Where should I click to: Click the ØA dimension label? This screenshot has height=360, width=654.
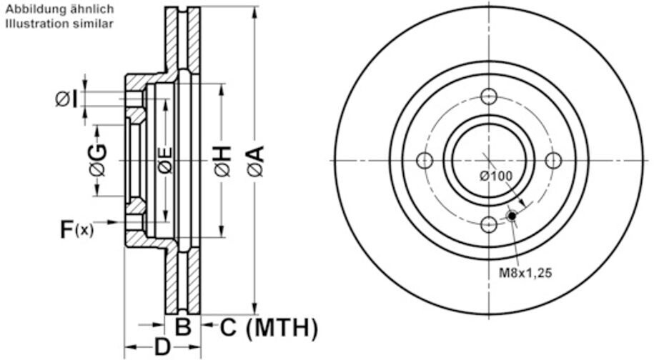click(x=256, y=161)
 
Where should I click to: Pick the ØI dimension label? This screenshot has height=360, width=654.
click(x=66, y=99)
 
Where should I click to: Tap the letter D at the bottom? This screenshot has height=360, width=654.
click(x=163, y=348)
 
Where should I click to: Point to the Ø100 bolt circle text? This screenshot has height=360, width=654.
click(x=496, y=176)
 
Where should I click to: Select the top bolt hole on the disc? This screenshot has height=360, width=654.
click(x=489, y=96)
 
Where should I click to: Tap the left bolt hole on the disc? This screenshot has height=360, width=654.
click(x=425, y=160)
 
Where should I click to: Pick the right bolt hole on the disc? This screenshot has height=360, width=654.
click(x=553, y=160)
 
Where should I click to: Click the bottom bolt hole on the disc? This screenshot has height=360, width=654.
click(x=489, y=224)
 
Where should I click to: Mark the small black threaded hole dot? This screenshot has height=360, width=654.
click(x=512, y=215)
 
